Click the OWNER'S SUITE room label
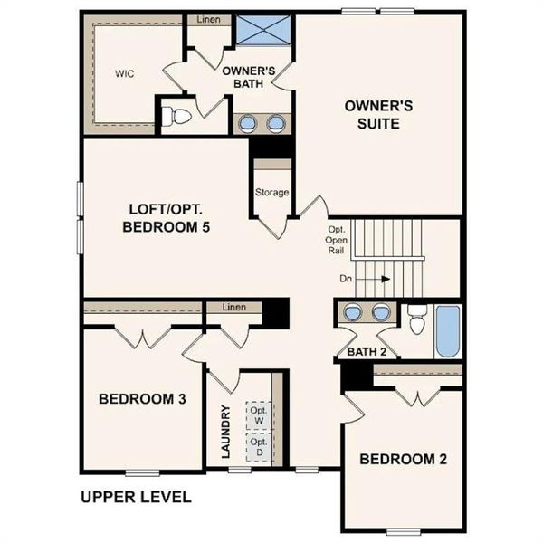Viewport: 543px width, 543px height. [x=378, y=114]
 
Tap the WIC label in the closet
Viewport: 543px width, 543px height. [x=124, y=73]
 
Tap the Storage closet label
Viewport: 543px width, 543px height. [x=271, y=192]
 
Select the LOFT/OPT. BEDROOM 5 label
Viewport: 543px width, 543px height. [x=166, y=218]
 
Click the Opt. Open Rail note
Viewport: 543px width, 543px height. [x=337, y=240]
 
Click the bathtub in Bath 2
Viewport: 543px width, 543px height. [x=448, y=332]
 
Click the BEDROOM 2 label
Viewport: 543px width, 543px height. [x=403, y=459]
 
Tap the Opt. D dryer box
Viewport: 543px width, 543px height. [x=260, y=447]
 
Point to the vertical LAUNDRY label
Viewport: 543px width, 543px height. [x=225, y=430]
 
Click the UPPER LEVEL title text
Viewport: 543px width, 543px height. [x=136, y=497]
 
